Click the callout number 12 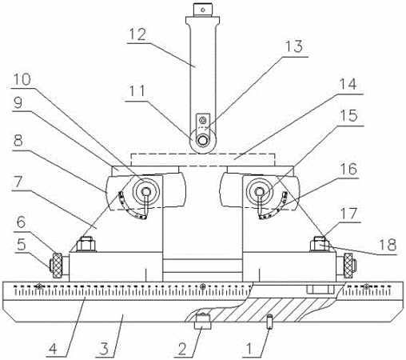click(x=137, y=34)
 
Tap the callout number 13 click(x=294, y=46)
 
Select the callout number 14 click(x=348, y=85)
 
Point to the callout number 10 click(x=22, y=79)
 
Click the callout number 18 click(x=388, y=245)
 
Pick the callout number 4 click(x=54, y=348)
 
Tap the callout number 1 click(x=249, y=348)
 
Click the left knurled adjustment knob click(x=57, y=266)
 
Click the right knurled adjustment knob click(x=348, y=266)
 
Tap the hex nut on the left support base click(x=86, y=244)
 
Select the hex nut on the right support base click(x=320, y=244)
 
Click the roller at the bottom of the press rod click(x=203, y=141)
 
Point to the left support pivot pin click(x=146, y=191)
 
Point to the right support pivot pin click(x=259, y=191)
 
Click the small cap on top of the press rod click(x=203, y=10)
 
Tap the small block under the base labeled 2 click(x=203, y=321)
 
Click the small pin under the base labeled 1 click(x=269, y=322)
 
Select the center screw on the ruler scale click(x=203, y=286)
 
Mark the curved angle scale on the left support click(x=130, y=207)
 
